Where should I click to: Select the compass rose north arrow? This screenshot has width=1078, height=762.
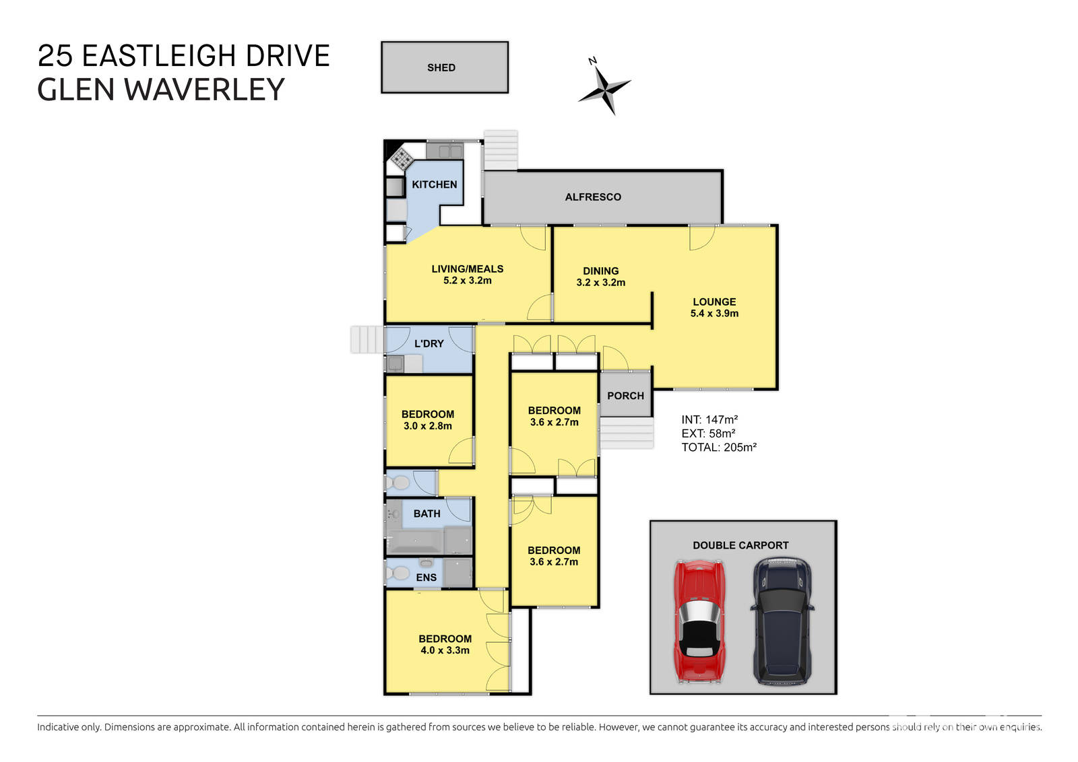[x=604, y=87]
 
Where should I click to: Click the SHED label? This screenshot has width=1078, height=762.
[x=441, y=67]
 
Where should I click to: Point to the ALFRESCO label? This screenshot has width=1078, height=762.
[x=593, y=197]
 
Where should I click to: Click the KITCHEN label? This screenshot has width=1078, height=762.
[x=434, y=184]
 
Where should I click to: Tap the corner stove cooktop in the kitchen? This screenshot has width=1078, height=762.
[x=402, y=159]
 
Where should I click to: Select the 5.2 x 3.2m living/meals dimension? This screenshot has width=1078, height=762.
[x=467, y=281]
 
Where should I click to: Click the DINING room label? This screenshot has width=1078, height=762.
[x=600, y=271]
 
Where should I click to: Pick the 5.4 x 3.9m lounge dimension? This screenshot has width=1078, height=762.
[x=714, y=314]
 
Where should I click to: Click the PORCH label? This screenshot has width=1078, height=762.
[x=625, y=396]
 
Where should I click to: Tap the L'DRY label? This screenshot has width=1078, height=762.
[x=429, y=343]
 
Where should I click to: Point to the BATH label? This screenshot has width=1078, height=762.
[x=426, y=514]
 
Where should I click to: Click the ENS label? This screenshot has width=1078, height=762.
[x=426, y=578]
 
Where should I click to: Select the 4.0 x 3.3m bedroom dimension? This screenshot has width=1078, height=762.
[x=445, y=650]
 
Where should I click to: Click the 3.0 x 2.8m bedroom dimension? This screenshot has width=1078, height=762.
[x=427, y=426]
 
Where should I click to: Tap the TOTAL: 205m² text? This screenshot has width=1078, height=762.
[x=718, y=448]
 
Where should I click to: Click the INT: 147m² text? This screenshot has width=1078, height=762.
[x=709, y=419]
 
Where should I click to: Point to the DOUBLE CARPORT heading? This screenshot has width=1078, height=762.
[x=740, y=545]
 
